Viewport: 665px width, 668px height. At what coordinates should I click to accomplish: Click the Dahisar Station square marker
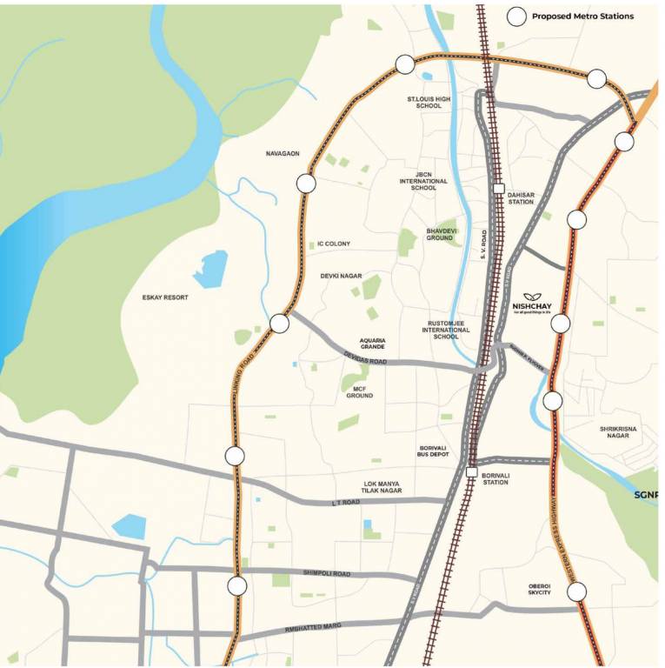pyautogui.click(x=498, y=189)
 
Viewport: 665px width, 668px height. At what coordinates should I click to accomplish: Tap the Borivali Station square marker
pyautogui.click(x=471, y=471)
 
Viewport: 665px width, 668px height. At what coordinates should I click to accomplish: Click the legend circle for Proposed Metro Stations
pyautogui.click(x=517, y=16)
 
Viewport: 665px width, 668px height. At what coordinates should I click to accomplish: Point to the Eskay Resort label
pyautogui.click(x=165, y=297)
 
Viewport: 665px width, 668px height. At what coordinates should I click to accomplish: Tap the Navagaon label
pyautogui.click(x=283, y=153)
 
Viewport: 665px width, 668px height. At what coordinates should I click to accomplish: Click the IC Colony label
pyautogui.click(x=334, y=244)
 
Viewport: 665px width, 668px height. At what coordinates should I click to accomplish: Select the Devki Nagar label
pyautogui.click(x=341, y=276)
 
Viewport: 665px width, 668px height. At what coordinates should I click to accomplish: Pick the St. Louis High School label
pyautogui.click(x=429, y=103)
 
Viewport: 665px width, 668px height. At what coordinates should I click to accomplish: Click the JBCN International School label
pyautogui.click(x=423, y=181)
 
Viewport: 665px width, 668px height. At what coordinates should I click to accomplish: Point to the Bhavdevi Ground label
pyautogui.click(x=440, y=234)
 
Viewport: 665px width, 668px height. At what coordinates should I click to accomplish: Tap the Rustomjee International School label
pyautogui.click(x=446, y=330)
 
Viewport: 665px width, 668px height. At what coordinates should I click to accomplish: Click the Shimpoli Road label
pyautogui.click(x=327, y=573)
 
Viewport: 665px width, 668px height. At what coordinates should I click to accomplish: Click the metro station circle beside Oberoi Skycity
pyautogui.click(x=577, y=592)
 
